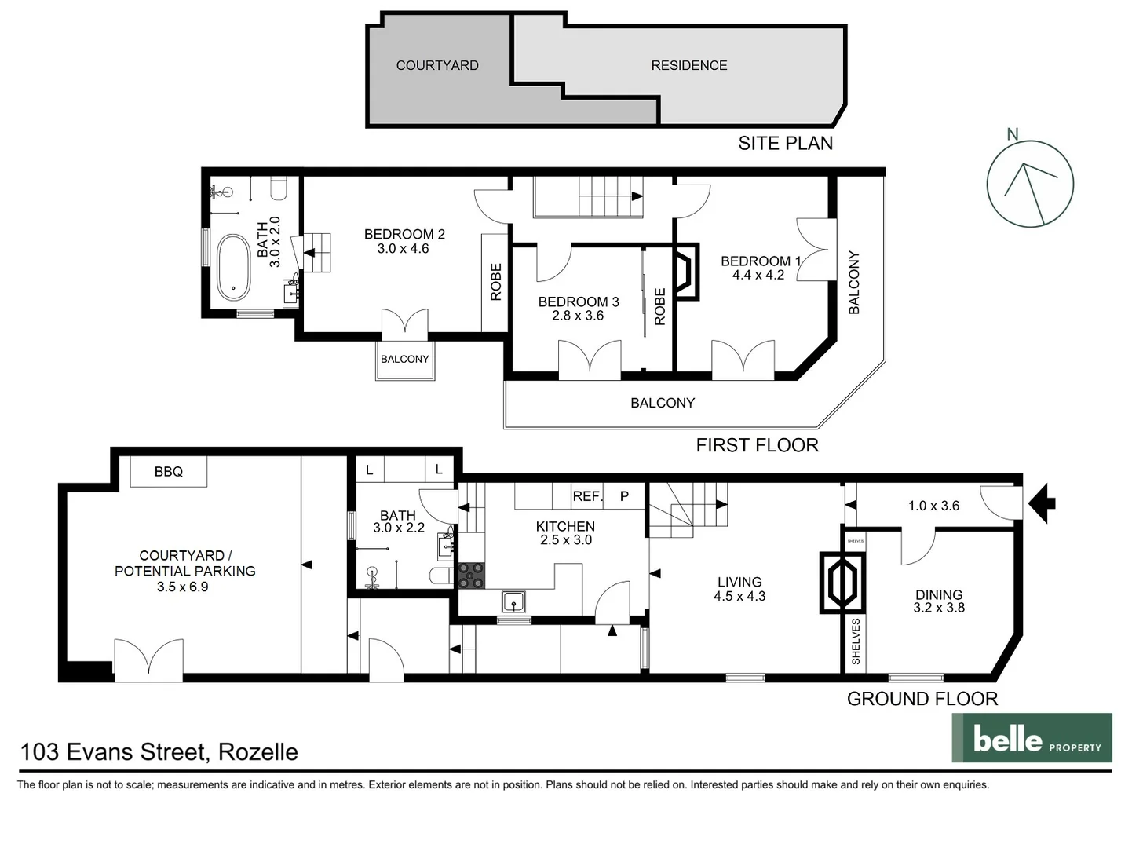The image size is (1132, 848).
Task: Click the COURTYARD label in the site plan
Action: (437, 65)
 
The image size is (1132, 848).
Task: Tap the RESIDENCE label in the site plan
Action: (688, 65)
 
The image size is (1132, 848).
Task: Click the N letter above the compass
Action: (1012, 134)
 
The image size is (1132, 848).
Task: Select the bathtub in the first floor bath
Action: (233, 267)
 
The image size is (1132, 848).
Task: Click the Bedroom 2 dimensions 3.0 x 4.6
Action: (403, 249)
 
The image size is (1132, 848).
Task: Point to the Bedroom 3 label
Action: (578, 302)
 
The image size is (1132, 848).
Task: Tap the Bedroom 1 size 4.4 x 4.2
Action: (758, 275)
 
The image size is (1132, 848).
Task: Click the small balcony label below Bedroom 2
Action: (404, 360)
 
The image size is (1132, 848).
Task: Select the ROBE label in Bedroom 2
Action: (495, 282)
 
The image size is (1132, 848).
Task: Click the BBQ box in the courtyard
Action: (168, 472)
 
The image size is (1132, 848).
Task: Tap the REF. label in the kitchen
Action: (587, 496)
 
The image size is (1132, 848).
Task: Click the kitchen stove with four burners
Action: (472, 576)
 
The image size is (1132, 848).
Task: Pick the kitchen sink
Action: (513, 602)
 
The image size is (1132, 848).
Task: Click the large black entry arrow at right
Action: (1042, 503)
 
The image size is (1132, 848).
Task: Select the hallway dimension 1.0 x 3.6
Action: (933, 506)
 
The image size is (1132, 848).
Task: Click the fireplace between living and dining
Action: (842, 583)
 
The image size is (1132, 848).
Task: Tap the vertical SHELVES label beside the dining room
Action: (855, 641)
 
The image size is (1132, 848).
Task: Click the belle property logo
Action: (1032, 738)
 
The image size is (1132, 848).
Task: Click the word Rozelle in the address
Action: (257, 752)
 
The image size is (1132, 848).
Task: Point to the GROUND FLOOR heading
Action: (922, 699)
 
